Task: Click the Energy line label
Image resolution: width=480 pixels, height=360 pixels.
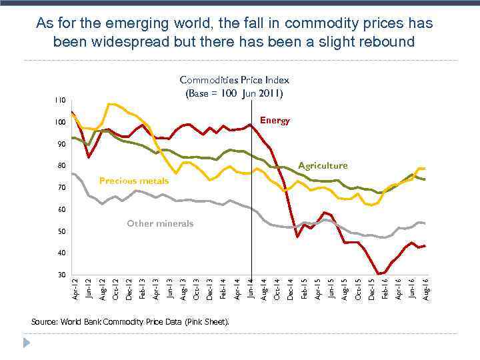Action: (x=275, y=121)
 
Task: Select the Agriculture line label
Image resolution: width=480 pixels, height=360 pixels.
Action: (x=323, y=165)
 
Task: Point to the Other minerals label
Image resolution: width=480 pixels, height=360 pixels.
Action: (x=160, y=223)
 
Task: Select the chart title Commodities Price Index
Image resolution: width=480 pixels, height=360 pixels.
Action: (x=234, y=80)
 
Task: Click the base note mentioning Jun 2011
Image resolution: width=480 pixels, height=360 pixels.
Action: (x=234, y=93)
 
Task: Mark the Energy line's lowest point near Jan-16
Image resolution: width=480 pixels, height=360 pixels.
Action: (x=379, y=273)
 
